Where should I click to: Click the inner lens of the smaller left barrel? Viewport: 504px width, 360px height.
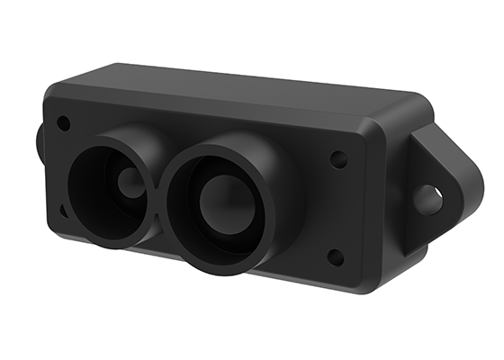point(130,184)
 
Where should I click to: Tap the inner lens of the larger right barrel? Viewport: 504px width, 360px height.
point(222,205)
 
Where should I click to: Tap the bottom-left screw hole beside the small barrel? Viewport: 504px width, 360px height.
point(63,210)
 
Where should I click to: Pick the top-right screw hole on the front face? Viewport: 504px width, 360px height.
point(338,160)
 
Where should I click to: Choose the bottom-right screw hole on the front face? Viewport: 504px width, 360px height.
point(335,257)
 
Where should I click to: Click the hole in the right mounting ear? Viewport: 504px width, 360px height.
point(428,200)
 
